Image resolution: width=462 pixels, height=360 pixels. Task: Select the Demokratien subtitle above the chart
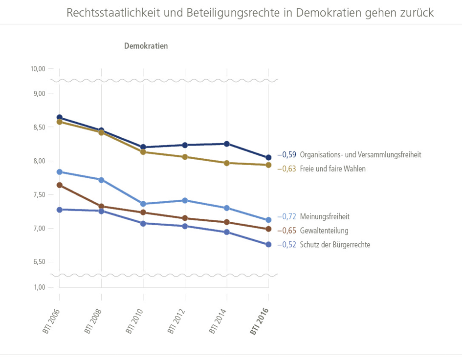(x=146, y=46)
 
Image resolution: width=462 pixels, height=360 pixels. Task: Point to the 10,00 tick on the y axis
(x=38, y=69)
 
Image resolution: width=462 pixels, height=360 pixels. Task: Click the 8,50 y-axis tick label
(x=39, y=127)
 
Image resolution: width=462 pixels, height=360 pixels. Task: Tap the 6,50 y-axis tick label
(x=39, y=262)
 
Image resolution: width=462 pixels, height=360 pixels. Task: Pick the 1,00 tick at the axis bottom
(x=40, y=287)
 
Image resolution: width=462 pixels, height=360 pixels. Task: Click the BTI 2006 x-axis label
(x=51, y=321)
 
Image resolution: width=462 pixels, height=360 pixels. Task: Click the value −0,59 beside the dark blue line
(x=287, y=155)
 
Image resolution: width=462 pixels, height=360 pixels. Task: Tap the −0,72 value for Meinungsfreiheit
(x=287, y=216)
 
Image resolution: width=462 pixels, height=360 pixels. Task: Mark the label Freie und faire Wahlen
(x=333, y=169)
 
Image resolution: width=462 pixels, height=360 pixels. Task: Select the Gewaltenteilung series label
(x=324, y=231)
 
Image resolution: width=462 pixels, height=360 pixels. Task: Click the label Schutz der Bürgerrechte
(x=335, y=245)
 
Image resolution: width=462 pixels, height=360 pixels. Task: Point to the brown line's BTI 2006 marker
(x=60, y=185)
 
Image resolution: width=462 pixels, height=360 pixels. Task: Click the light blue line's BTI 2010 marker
(x=143, y=204)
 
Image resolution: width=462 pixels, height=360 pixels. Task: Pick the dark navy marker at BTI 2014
(x=227, y=144)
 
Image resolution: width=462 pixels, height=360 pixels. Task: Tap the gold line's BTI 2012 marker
(x=185, y=157)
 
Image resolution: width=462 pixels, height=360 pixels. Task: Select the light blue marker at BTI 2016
(x=268, y=220)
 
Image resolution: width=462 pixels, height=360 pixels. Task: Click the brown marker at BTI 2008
(x=101, y=207)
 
